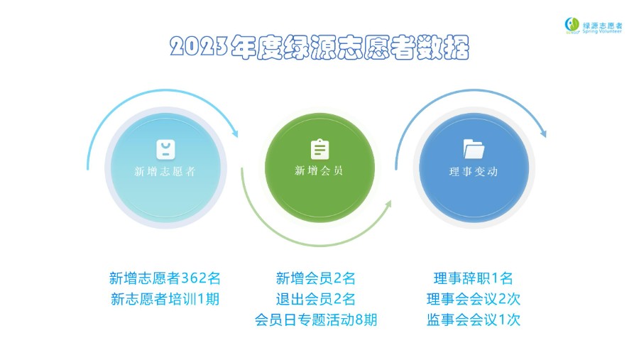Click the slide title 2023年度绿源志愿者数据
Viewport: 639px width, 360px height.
pyautogui.click(x=319, y=48)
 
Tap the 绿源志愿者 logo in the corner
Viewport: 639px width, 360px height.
pyautogui.click(x=594, y=26)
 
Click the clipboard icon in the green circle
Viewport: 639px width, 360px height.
pyautogui.click(x=320, y=149)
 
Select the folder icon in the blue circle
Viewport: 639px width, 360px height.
pyautogui.click(x=474, y=149)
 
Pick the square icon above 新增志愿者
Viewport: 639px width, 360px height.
pyautogui.click(x=166, y=149)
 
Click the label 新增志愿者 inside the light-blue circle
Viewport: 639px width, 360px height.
pyautogui.click(x=165, y=172)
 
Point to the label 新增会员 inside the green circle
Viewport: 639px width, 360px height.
pyautogui.click(x=319, y=170)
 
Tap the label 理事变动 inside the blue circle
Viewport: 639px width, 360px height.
pyautogui.click(x=474, y=172)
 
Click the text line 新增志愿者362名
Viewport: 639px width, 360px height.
pyautogui.click(x=165, y=278)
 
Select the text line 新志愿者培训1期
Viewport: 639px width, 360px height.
pyautogui.click(x=165, y=299)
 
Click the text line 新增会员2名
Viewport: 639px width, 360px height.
pyautogui.click(x=315, y=278)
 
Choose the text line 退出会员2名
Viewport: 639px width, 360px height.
pyautogui.click(x=315, y=299)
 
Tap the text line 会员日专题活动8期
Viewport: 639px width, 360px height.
pyautogui.click(x=316, y=320)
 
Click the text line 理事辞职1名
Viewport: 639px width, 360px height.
pyautogui.click(x=473, y=278)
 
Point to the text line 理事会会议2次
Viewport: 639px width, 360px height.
pyautogui.click(x=474, y=299)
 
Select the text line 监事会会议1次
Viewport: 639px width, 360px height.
pyautogui.click(x=474, y=320)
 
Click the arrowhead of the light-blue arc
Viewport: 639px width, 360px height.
pyautogui.click(x=235, y=133)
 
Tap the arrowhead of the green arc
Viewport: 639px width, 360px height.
pyautogui.click(x=388, y=204)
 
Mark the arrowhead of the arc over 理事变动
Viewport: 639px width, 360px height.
pyautogui.click(x=543, y=133)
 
